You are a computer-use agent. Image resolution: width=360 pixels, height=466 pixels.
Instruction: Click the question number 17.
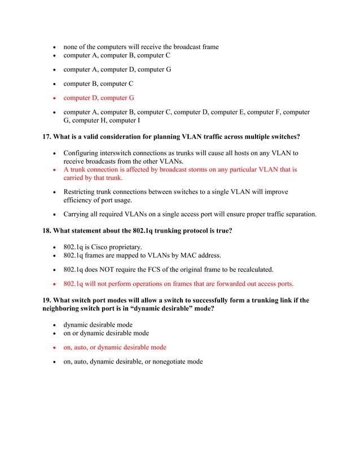[47, 137]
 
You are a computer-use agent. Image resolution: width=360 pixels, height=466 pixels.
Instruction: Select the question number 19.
[47, 300]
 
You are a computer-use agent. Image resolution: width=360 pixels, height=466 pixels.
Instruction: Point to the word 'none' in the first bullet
[71, 47]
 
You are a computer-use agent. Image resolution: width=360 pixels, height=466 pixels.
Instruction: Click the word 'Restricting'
[82, 192]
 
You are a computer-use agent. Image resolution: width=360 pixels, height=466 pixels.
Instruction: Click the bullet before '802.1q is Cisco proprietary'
[54, 248]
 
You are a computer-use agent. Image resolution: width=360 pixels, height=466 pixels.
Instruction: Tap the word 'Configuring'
[84, 153]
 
